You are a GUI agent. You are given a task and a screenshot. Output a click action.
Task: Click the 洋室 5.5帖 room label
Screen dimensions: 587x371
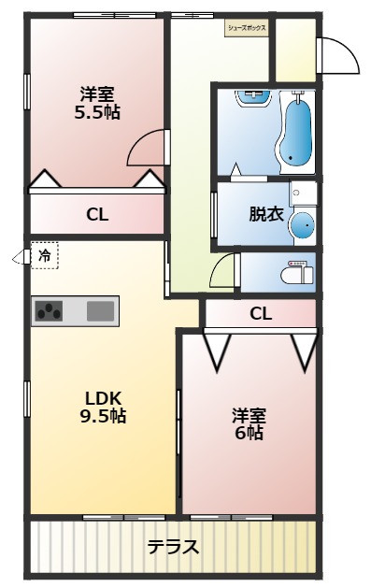[97, 103]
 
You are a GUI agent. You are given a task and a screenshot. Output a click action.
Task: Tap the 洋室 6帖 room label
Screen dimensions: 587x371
[249, 423]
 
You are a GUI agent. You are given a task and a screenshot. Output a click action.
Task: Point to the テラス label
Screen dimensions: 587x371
[173, 548]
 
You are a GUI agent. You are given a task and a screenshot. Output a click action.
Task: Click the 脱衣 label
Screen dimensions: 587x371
[265, 213]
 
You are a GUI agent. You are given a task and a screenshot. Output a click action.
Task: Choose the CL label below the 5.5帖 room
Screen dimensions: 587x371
[97, 214]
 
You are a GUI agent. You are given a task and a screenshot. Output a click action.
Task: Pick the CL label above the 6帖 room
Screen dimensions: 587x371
[261, 314]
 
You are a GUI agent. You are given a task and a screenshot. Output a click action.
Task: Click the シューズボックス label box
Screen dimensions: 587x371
[247, 28]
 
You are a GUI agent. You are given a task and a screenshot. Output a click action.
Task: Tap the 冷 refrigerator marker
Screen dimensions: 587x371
[44, 255]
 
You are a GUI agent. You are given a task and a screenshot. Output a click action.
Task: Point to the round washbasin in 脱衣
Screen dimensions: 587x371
[302, 224]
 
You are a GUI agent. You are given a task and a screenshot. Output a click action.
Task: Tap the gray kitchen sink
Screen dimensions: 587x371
[100, 311]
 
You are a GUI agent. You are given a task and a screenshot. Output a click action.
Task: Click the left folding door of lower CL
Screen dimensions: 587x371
[217, 350]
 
